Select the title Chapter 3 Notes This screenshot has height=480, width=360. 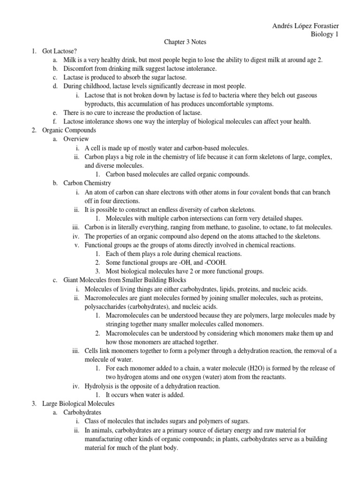[x=185, y=42]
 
